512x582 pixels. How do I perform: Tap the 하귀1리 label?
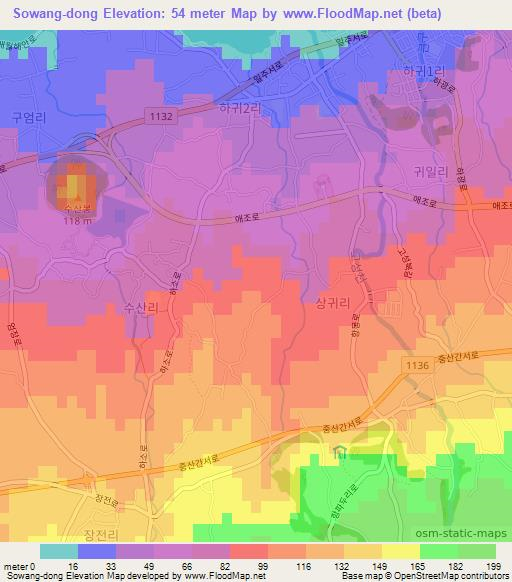tap(418, 72)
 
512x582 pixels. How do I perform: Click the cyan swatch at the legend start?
tap(59, 550)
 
